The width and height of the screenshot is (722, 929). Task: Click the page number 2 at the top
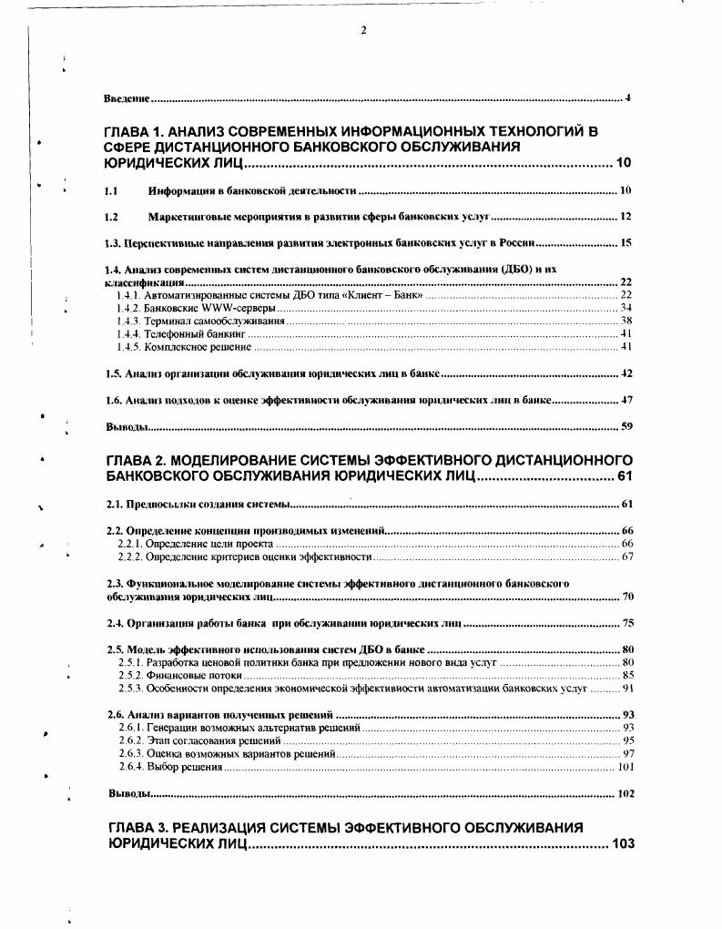click(x=363, y=31)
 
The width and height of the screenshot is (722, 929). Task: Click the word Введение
click(x=127, y=97)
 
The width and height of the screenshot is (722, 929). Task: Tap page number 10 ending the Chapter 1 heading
click(x=624, y=163)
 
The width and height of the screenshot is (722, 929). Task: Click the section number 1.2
click(x=111, y=217)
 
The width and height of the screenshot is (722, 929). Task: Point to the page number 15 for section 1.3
click(x=625, y=243)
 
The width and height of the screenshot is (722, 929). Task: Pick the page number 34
click(x=625, y=308)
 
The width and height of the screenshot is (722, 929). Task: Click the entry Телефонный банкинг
click(x=197, y=334)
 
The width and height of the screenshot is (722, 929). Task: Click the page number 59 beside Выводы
click(x=625, y=426)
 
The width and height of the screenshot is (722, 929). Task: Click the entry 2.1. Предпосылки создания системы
click(x=198, y=504)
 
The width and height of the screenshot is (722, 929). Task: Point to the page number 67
click(x=626, y=556)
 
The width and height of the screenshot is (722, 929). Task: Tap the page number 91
click(x=626, y=689)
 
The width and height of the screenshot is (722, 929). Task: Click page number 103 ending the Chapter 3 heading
click(x=623, y=844)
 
